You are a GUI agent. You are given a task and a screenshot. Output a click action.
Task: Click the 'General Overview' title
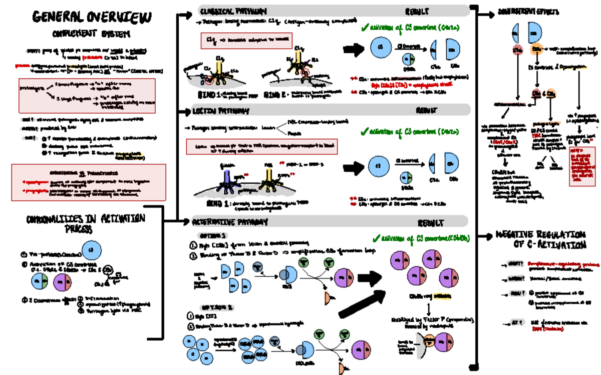(91, 17)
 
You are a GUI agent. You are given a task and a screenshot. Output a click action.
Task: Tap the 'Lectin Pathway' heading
(220, 110)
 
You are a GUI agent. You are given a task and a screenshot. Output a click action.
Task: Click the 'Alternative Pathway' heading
(230, 221)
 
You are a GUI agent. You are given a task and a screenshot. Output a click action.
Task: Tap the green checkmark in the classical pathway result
(364, 28)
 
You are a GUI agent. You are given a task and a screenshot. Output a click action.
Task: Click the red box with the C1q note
(246, 40)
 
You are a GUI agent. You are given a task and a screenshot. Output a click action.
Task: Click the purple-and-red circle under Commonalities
(63, 282)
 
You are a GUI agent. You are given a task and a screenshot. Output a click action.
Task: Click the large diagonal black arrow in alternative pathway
(361, 302)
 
